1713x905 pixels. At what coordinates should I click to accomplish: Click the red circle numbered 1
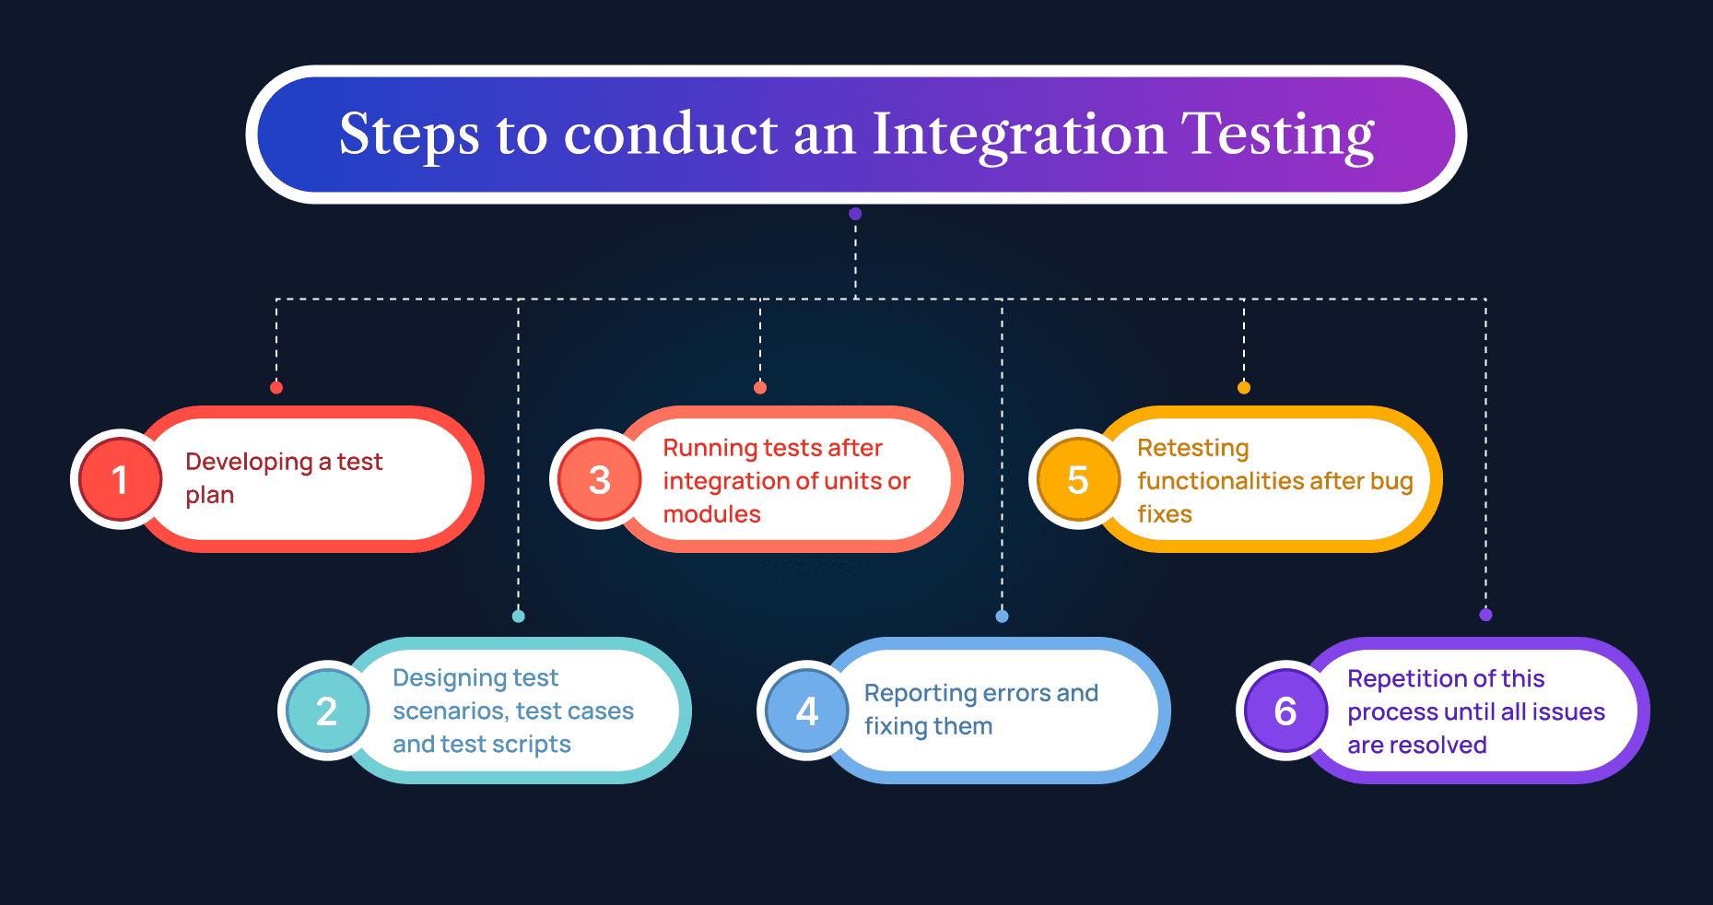(x=120, y=479)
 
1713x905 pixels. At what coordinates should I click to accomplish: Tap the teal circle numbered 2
(x=327, y=711)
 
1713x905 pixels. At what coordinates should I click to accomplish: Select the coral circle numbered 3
(x=599, y=479)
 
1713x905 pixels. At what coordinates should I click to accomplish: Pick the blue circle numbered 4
(x=807, y=711)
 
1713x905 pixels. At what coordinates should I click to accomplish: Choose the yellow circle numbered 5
(x=1077, y=479)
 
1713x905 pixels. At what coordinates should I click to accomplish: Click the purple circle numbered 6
(x=1285, y=711)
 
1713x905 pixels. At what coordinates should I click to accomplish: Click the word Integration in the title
(x=1019, y=135)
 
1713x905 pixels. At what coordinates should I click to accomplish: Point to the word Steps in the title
(x=409, y=135)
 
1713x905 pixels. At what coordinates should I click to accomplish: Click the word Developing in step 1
(x=249, y=462)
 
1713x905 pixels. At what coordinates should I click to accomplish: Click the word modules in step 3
(x=711, y=514)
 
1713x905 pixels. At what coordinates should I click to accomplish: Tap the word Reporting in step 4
(x=920, y=693)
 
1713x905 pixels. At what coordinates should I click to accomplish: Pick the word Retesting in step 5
(x=1192, y=448)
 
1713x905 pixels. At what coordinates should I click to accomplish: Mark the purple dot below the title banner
(x=855, y=214)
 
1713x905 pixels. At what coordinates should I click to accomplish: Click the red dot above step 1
(x=276, y=387)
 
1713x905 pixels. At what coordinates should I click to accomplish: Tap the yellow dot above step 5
(x=1243, y=387)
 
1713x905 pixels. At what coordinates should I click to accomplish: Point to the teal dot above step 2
(x=519, y=616)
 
